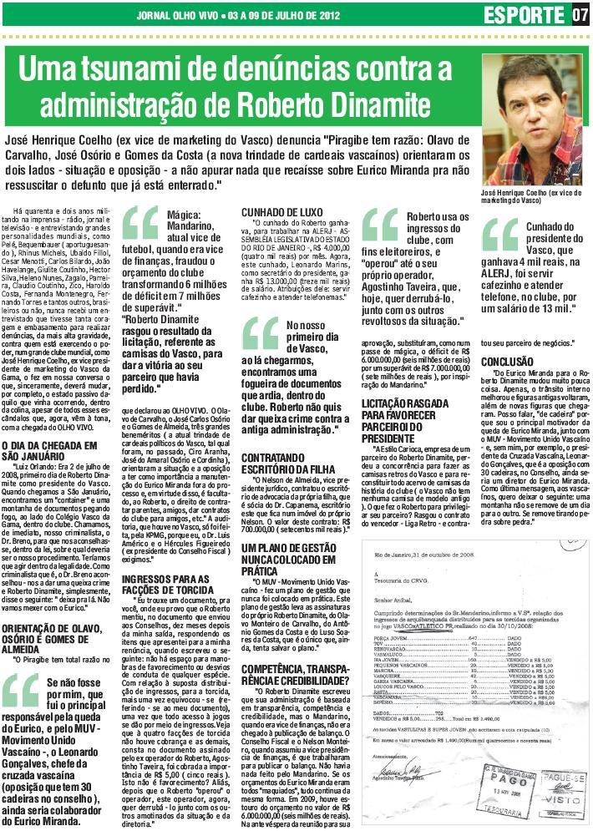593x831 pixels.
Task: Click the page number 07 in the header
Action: click(x=579, y=15)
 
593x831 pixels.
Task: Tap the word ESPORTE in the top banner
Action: click(x=523, y=15)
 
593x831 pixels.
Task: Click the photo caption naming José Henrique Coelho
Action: click(x=532, y=195)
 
